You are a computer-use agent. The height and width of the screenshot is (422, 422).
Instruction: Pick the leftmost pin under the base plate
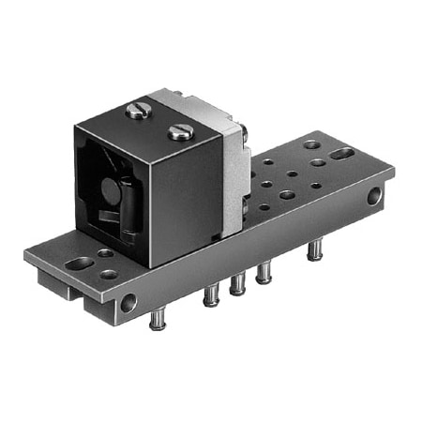(158, 320)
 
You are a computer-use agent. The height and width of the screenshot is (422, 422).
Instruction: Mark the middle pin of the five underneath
(238, 283)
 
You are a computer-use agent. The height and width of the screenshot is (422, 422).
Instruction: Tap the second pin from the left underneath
(211, 295)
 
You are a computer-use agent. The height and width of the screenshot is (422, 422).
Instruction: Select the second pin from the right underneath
(264, 272)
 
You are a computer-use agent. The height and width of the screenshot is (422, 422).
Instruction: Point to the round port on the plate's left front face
(128, 303)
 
